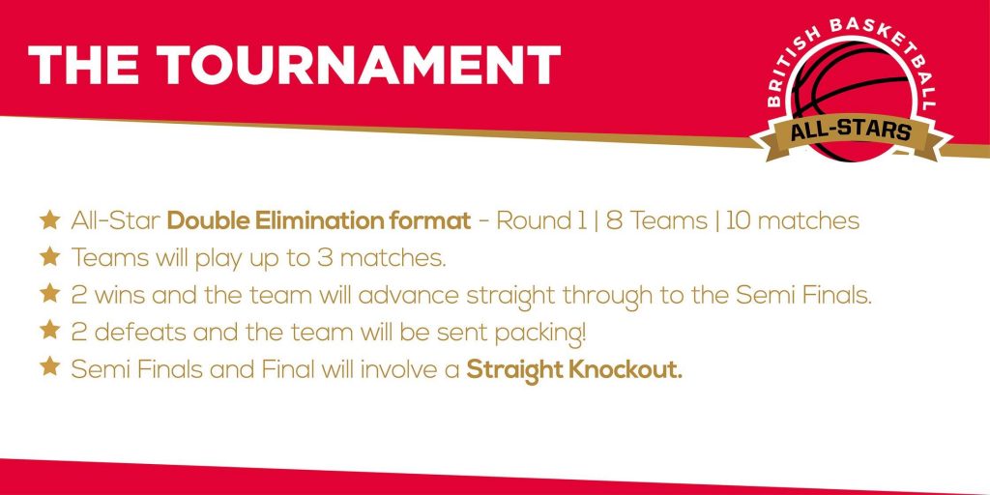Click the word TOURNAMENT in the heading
click(359, 65)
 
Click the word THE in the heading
click(85, 65)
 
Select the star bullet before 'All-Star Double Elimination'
click(49, 220)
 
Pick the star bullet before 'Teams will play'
click(49, 257)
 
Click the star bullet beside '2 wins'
click(49, 294)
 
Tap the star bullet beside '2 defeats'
click(49, 331)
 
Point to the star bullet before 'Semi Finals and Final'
click(49, 366)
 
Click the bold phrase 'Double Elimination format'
click(319, 221)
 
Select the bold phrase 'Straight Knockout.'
click(574, 370)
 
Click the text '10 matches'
click(793, 221)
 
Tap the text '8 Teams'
click(656, 221)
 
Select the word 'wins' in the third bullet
click(117, 296)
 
